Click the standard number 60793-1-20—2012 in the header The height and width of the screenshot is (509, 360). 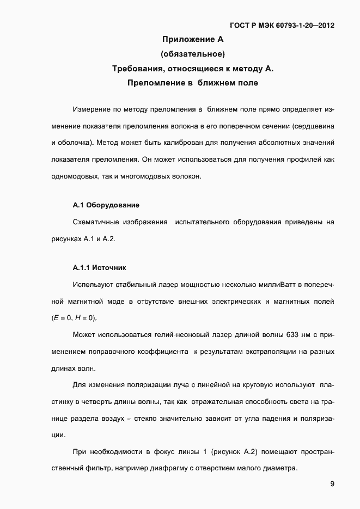click(302, 25)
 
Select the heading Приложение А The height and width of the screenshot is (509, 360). click(193, 39)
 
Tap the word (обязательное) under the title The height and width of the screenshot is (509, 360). click(193, 54)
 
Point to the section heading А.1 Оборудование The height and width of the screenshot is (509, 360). click(106, 205)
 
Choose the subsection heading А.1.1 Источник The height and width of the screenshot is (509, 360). click(99, 268)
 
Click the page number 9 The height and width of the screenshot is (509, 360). click(332, 484)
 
